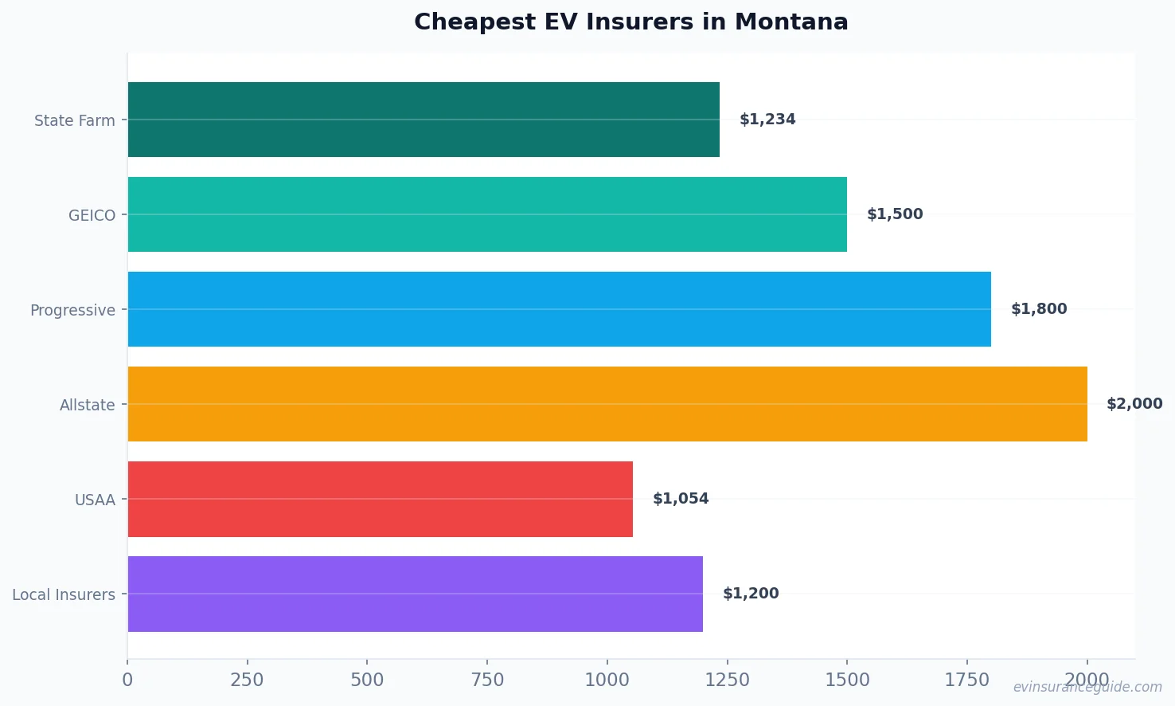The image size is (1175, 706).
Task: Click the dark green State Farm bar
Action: tap(424, 120)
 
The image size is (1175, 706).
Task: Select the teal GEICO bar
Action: tap(487, 214)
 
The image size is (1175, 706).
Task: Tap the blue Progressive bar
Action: tap(559, 309)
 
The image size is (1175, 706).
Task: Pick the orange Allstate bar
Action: tap(607, 404)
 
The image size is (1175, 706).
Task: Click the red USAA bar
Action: tap(380, 499)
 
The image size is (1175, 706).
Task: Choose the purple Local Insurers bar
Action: tap(415, 594)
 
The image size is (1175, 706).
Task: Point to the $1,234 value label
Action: tap(767, 120)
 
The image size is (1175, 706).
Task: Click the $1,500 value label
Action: tap(895, 214)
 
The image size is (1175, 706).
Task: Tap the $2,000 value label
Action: tap(1134, 404)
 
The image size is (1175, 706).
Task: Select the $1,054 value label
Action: tap(681, 499)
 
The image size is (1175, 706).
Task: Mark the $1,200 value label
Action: tap(751, 594)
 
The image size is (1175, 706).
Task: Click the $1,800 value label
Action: tap(1039, 309)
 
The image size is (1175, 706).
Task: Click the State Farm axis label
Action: tap(74, 120)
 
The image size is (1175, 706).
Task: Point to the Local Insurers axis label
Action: tap(64, 594)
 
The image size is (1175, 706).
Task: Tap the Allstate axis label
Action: tap(88, 405)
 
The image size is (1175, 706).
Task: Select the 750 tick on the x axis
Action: tap(487, 680)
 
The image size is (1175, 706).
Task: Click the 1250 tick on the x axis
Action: tap(727, 680)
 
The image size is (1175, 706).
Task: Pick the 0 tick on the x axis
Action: tap(127, 680)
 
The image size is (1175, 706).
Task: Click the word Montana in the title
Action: tap(791, 22)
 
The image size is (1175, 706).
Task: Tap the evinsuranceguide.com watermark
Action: tap(1087, 687)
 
